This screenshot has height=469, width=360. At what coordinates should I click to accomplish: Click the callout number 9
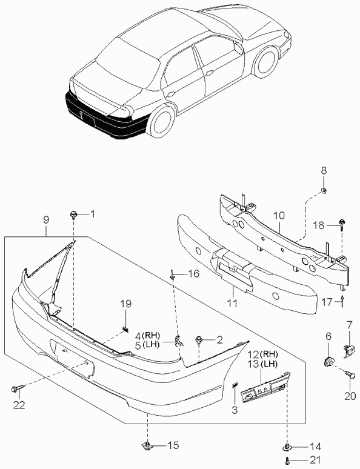point(45,220)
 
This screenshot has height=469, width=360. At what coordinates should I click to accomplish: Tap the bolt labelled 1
point(73,215)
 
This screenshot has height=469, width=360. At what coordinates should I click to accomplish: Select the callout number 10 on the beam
point(279,216)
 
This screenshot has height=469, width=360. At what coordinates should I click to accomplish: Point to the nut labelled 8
point(324,190)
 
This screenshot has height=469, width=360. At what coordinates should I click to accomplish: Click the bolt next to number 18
point(341,225)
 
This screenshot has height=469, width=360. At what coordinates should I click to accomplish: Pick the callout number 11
point(232,303)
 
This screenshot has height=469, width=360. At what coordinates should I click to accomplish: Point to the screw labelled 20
point(350,374)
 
